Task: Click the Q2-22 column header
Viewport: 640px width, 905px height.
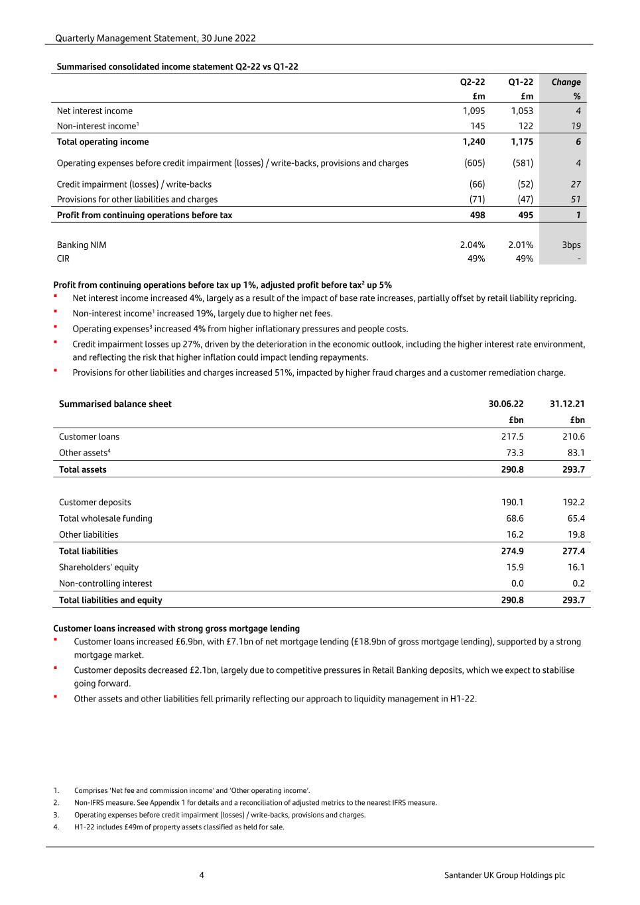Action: (x=472, y=82)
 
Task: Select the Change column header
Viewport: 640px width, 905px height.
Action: (x=566, y=82)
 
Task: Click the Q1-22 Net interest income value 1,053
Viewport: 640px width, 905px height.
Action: (x=522, y=111)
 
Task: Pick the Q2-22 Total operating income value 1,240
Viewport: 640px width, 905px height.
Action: (x=474, y=142)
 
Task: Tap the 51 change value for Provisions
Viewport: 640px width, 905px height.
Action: (x=576, y=200)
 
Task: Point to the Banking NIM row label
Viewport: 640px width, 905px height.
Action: (x=82, y=245)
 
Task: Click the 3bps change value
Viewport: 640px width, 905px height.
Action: (x=571, y=245)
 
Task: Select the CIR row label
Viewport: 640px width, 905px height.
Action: (x=63, y=259)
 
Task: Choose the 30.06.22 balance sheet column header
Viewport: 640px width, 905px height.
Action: (x=506, y=404)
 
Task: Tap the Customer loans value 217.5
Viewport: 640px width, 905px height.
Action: (x=512, y=437)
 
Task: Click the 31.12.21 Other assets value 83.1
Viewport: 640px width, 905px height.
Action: (x=574, y=453)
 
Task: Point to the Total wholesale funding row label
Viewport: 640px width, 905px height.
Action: (x=105, y=519)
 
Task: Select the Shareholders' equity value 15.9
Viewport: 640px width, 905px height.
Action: (x=515, y=568)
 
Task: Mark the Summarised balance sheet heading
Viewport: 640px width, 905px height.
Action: (x=115, y=404)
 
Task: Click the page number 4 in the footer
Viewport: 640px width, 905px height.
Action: (x=202, y=875)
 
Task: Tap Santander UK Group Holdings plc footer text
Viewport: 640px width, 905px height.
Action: (x=505, y=875)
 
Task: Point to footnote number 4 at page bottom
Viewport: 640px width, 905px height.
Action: (x=56, y=827)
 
